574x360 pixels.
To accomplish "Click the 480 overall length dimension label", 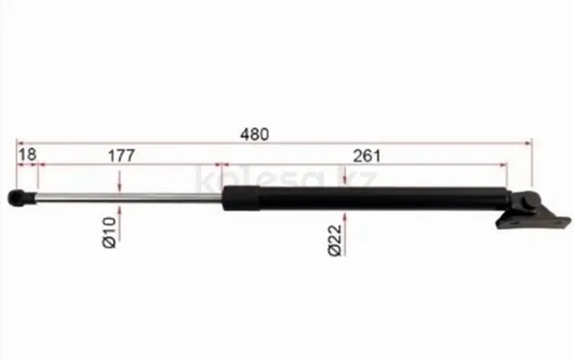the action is (254, 134).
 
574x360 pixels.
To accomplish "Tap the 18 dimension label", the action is (28, 155).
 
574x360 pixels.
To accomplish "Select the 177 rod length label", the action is (122, 155).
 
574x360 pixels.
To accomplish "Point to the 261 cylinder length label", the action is (367, 156).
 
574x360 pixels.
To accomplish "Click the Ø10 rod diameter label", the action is (109, 233).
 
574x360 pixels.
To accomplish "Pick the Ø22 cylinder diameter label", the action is (335, 241).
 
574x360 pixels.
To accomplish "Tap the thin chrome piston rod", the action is (129, 198).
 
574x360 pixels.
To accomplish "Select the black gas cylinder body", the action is (366, 198).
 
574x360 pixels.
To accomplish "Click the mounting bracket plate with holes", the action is (533, 221).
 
